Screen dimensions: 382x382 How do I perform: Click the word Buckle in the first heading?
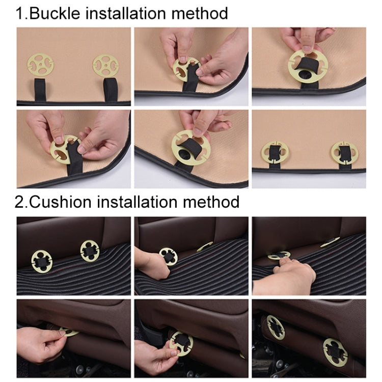coord(54,12)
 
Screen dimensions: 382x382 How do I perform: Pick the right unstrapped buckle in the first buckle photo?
coord(106,66)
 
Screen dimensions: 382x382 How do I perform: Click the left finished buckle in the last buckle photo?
coord(275,152)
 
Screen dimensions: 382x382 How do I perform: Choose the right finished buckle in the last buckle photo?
coord(344,153)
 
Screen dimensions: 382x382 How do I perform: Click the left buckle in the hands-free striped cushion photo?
coord(42,261)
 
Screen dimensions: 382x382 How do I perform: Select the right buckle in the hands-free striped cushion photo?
coord(90,251)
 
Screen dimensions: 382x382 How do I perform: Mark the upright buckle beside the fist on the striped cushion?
coord(168,256)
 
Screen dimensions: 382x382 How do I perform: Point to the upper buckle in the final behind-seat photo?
coord(275,326)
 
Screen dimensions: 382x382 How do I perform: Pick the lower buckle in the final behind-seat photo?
coord(335,352)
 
